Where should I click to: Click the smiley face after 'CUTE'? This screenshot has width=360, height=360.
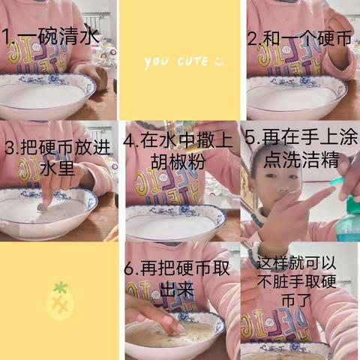click(218, 60)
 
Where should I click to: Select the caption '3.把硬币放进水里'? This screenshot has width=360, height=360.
click(58, 157)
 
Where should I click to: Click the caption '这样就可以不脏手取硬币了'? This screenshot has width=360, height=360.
click(298, 280)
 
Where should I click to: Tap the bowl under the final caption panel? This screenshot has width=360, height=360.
click(289, 351)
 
